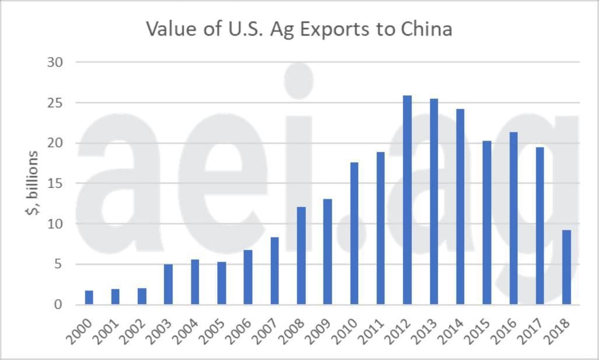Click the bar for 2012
[x=407, y=200]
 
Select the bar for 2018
[x=566, y=267]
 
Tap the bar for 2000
[x=89, y=298]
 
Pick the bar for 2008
[x=301, y=256]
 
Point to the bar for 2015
[x=487, y=223]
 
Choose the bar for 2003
[x=168, y=284]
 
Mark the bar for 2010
[x=354, y=233]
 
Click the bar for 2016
[x=513, y=218]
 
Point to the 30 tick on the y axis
[x=55, y=62]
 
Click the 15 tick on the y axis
[x=55, y=183]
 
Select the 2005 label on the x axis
[x=215, y=331]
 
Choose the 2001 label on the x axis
[x=109, y=331]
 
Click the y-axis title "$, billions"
[x=32, y=183]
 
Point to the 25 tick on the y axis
[x=55, y=103]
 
